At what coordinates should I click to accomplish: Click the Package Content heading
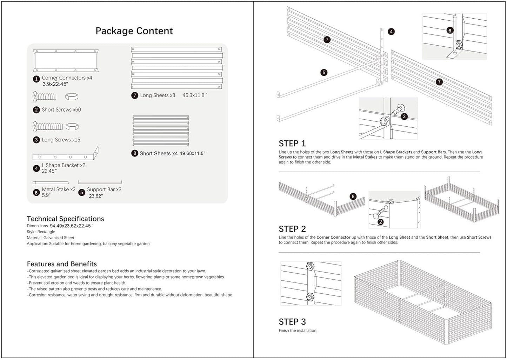tap(134, 31)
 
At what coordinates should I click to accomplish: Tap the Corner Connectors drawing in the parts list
tap(66, 60)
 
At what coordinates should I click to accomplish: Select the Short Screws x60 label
tap(61, 110)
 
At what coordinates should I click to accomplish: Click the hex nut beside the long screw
tap(72, 126)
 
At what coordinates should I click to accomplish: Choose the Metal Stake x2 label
tap(58, 189)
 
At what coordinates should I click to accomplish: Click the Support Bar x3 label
tap(104, 189)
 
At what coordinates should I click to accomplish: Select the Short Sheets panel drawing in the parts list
tap(161, 131)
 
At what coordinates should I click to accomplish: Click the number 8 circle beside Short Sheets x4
tap(135, 153)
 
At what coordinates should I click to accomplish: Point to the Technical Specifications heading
tap(65, 219)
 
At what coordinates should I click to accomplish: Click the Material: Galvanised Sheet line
tap(50, 238)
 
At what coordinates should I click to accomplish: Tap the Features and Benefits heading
tap(62, 264)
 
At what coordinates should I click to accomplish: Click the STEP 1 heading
tap(292, 144)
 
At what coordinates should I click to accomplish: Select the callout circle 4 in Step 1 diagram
tap(391, 32)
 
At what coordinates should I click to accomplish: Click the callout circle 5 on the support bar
tap(324, 73)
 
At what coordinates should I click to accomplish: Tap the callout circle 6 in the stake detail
tap(450, 31)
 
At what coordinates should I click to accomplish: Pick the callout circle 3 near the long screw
tap(404, 116)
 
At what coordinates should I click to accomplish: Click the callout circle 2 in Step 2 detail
tap(380, 222)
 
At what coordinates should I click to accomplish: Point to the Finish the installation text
tap(298, 331)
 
